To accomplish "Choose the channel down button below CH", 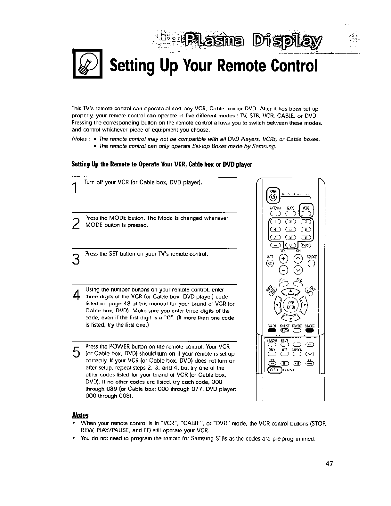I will [298, 270].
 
